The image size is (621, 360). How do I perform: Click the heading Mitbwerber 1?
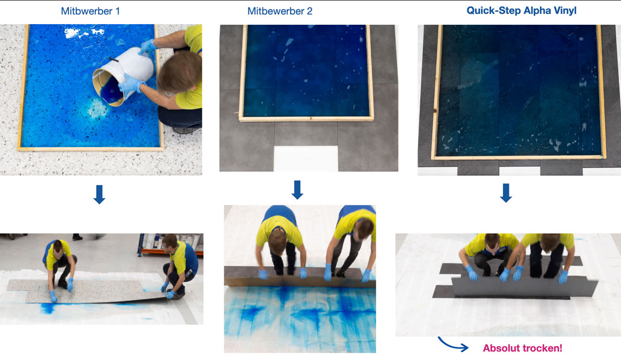click(90, 11)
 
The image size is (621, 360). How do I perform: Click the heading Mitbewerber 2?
click(279, 11)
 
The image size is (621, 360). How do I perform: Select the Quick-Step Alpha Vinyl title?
click(521, 11)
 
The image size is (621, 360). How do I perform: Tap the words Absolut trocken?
click(522, 348)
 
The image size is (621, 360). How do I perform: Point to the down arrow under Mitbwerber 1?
click(99, 194)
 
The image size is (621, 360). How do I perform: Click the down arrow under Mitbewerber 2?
click(297, 190)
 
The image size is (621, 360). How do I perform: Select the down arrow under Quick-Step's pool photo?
click(506, 193)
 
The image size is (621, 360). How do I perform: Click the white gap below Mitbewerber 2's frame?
click(306, 158)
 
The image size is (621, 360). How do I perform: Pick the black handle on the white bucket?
click(113, 60)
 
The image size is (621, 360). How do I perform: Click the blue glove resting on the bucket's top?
click(147, 47)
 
